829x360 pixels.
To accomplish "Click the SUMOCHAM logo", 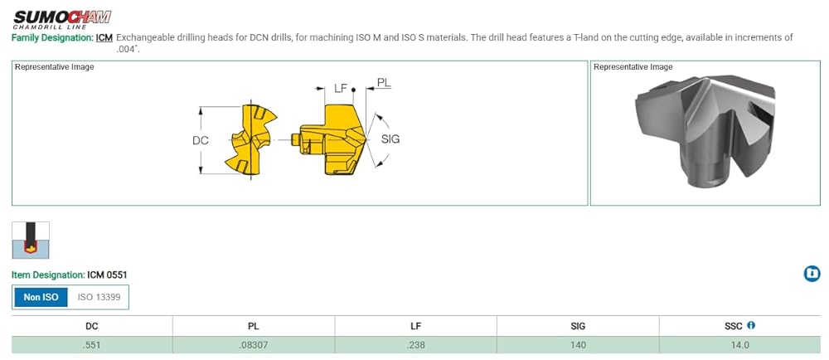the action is [62, 19].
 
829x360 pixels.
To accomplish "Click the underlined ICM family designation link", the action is [104, 38].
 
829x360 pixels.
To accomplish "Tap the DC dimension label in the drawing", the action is [201, 141].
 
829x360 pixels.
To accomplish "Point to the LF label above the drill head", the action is [342, 88].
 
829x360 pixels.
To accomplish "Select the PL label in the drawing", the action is [385, 82].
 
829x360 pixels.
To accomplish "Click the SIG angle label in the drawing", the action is [390, 139].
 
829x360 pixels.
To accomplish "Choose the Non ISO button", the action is [40, 297].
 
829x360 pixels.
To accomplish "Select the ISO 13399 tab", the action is [99, 297].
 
